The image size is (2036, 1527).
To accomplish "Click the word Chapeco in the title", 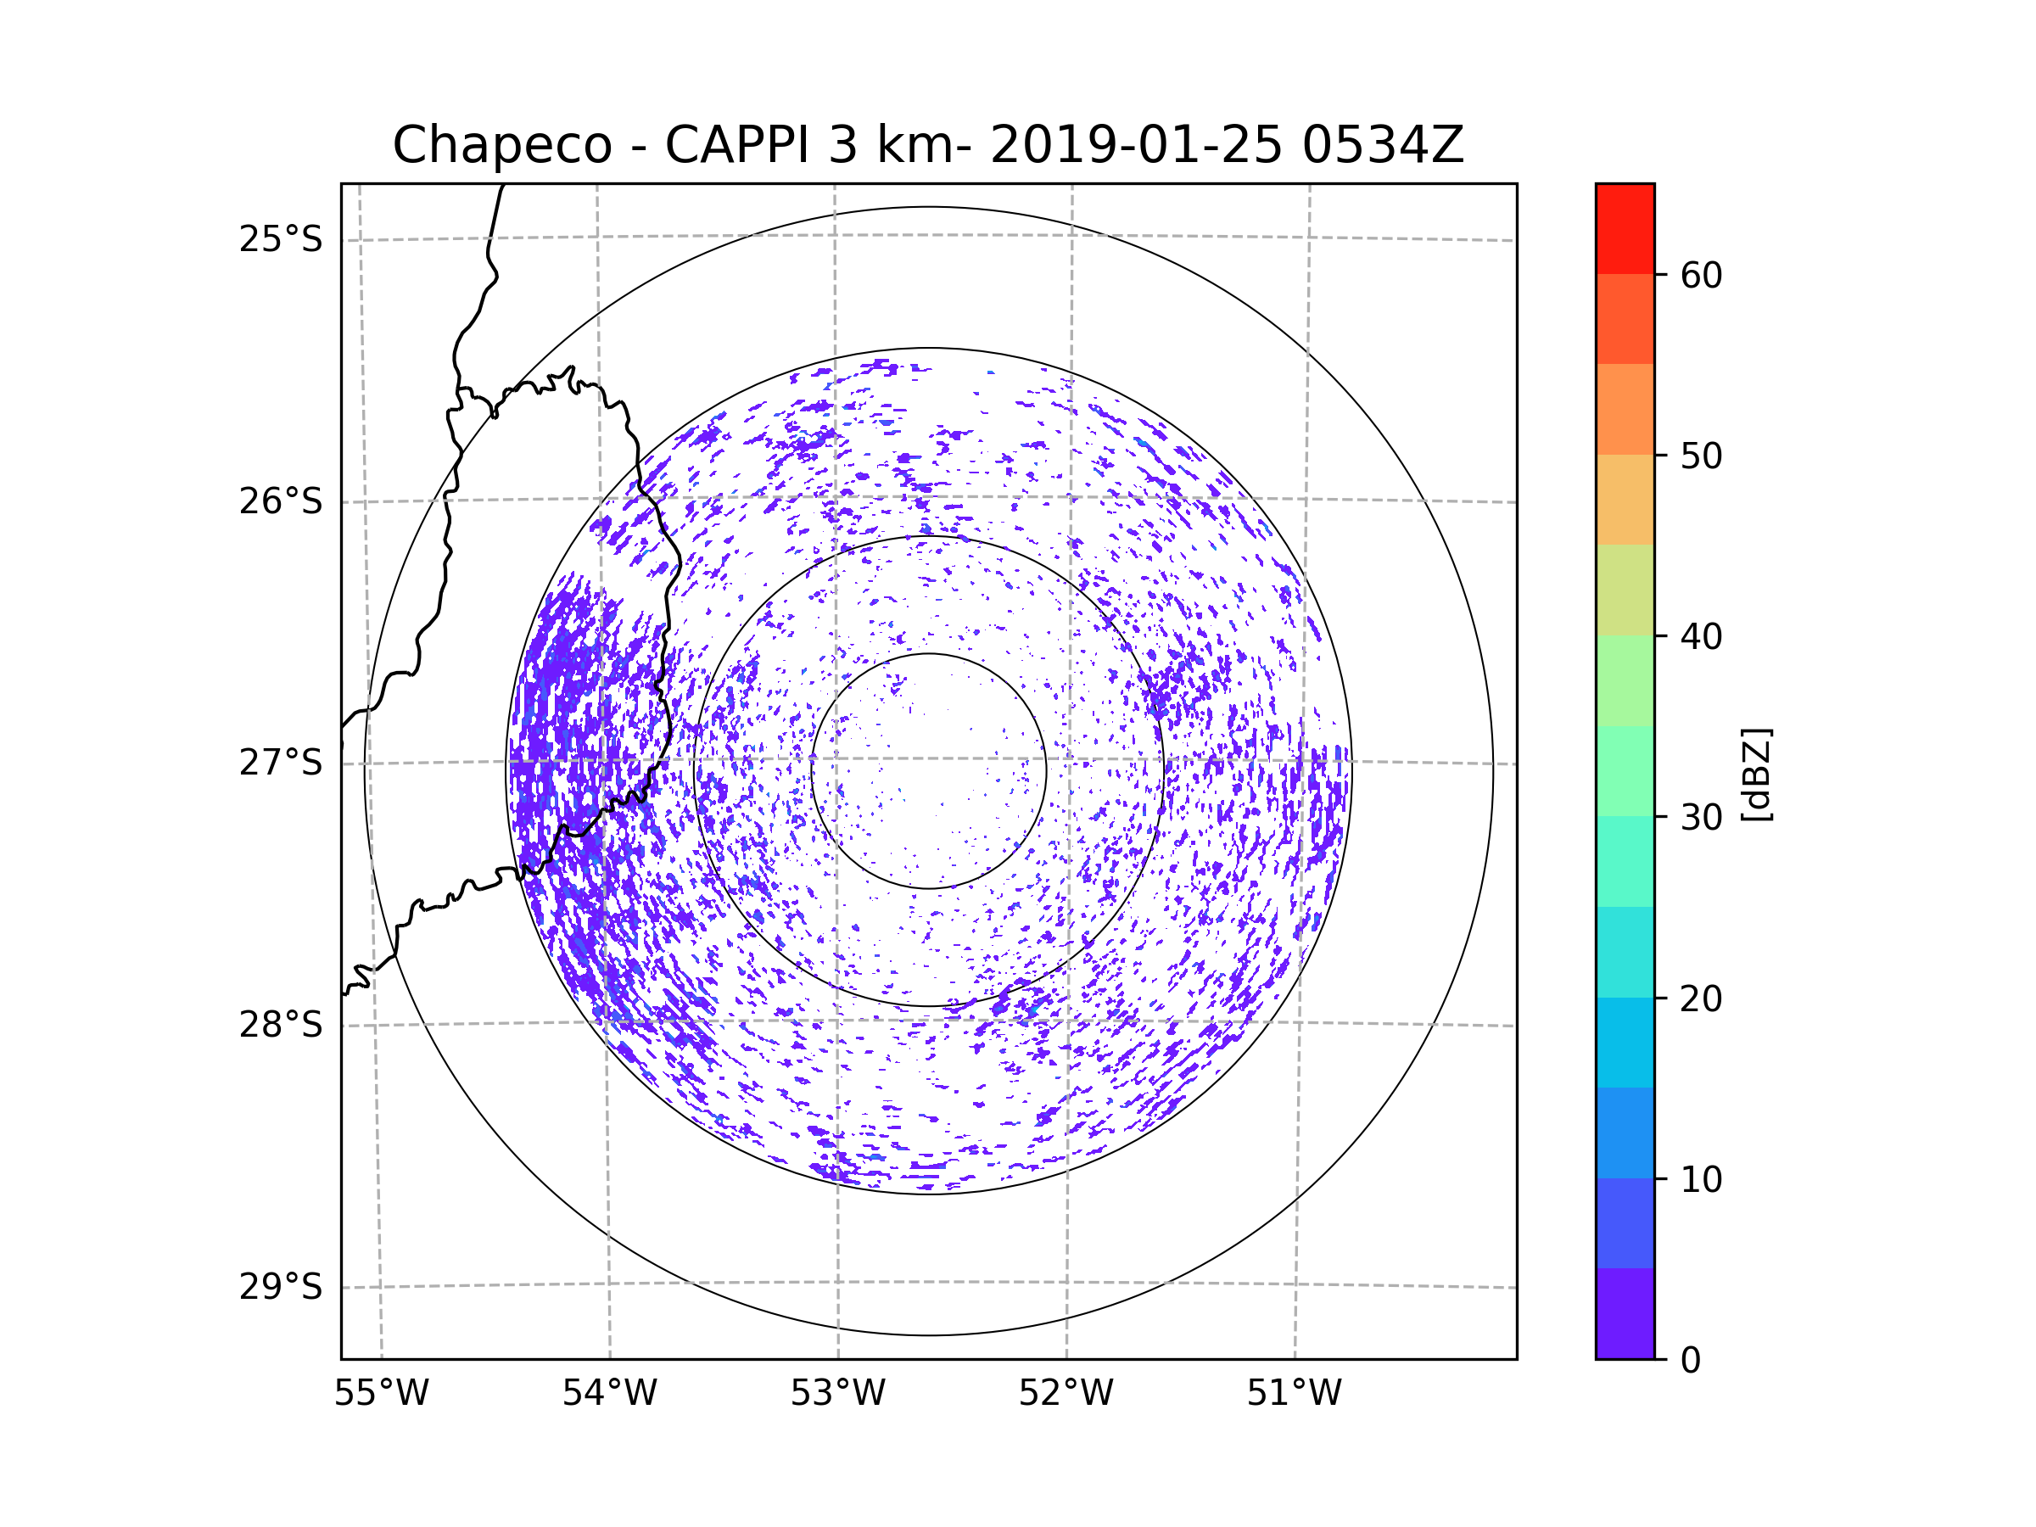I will point(501,145).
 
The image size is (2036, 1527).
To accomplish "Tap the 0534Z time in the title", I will point(1382,145).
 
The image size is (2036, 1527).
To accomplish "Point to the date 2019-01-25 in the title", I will point(1136,145).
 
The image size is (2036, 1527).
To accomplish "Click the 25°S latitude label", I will point(281,239).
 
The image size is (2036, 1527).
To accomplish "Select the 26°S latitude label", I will point(281,501).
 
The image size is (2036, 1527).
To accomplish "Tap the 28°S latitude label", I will point(281,1025).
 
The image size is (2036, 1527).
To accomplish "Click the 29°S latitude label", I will point(281,1287).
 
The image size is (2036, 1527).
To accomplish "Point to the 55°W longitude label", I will point(381,1394).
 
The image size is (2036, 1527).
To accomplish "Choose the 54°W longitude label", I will point(609,1394).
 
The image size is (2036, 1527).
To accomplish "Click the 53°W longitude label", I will point(837,1394).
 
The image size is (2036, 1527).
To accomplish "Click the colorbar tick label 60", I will point(1701,275).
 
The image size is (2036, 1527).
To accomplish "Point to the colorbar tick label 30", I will point(1701,817).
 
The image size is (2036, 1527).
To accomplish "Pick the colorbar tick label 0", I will point(1691,1360).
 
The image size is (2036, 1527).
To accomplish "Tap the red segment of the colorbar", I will point(1625,228).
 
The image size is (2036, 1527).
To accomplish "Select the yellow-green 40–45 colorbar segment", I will point(1625,590).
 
